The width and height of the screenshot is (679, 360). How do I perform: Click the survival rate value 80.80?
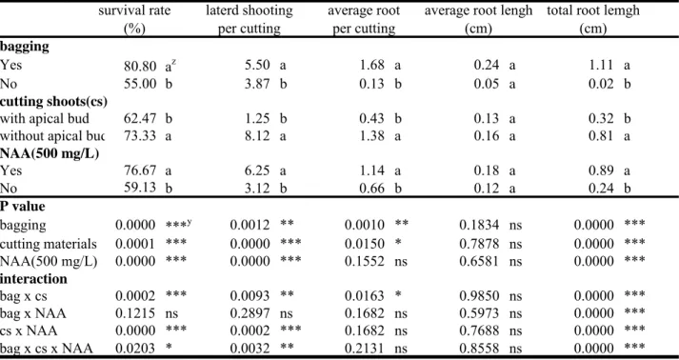[139, 66]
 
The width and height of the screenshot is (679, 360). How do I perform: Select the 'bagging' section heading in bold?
[24, 48]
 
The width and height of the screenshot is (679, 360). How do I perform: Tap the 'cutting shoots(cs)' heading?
[53, 101]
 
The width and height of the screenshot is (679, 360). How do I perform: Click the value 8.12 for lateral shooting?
[258, 136]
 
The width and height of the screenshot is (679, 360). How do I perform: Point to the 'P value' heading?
[23, 207]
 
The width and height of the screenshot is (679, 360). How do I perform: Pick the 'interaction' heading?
[33, 278]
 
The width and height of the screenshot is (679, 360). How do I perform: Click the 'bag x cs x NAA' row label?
[47, 348]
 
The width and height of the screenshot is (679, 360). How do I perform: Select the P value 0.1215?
[135, 312]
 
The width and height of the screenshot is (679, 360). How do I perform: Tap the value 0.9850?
[479, 295]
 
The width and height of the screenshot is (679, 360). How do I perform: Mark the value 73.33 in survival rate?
[139, 136]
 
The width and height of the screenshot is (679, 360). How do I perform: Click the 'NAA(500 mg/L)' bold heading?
[50, 153]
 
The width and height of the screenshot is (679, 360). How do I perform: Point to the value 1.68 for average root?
[371, 66]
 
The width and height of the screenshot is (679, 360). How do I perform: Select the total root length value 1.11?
[601, 66]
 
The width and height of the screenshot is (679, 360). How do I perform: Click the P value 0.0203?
[135, 348]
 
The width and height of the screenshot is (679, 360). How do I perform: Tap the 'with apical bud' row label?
[45, 118]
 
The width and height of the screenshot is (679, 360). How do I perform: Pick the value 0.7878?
[479, 244]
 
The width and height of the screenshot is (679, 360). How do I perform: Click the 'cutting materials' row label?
[49, 244]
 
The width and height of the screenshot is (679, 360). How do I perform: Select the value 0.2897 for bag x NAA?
[250, 312]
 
